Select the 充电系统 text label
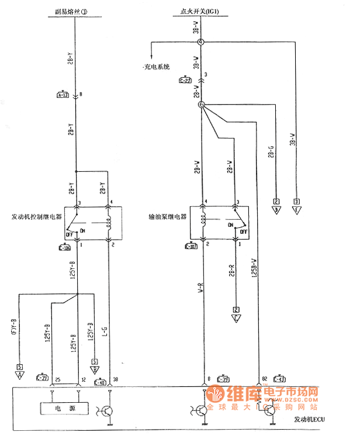(x=157, y=67)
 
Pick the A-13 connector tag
(x=63, y=95)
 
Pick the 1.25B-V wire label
(x=254, y=273)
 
